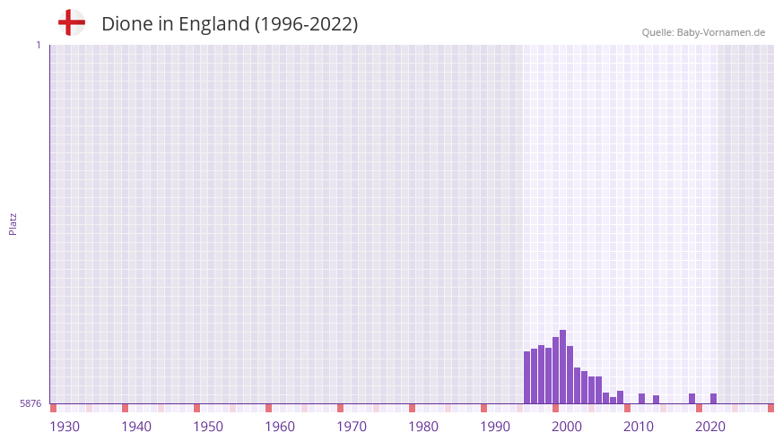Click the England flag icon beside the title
click(72, 23)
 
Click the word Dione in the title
click(126, 24)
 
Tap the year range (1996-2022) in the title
click(306, 24)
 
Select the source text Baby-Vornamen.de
click(721, 32)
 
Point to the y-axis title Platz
click(13, 223)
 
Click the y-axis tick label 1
click(38, 45)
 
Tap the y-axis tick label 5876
click(30, 404)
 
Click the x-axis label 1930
click(65, 427)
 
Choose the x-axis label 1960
click(280, 427)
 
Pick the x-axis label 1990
click(495, 427)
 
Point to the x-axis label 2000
click(567, 427)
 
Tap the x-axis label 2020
click(710, 427)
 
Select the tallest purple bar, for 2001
click(563, 367)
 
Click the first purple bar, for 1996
click(527, 377)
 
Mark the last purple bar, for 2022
click(714, 399)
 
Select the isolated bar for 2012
click(642, 399)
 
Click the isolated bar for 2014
click(657, 400)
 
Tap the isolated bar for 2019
click(692, 399)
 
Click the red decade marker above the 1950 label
click(197, 408)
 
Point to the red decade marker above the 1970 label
click(341, 408)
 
